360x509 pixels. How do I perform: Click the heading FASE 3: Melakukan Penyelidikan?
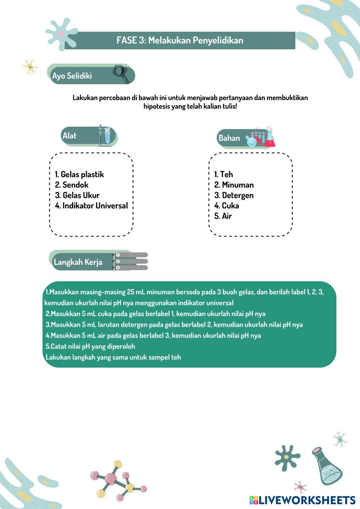tap(180, 40)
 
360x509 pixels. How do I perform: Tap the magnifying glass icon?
tap(121, 73)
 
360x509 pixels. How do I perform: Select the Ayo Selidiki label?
tap(72, 76)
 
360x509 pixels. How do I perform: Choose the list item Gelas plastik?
tap(79, 175)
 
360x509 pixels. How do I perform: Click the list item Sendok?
tap(72, 185)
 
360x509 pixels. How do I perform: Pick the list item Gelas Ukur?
tap(77, 195)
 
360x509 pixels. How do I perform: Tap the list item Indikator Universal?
tap(91, 206)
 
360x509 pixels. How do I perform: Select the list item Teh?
tap(224, 175)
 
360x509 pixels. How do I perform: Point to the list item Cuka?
tap(226, 206)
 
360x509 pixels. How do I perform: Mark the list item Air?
tap(223, 216)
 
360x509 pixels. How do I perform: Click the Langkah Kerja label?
tap(78, 262)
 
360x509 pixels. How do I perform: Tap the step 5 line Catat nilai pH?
tap(90, 347)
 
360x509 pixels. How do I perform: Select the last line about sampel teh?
tap(113, 357)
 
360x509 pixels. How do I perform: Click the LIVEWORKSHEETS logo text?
tap(306, 500)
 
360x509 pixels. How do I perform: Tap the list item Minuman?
tap(234, 185)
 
